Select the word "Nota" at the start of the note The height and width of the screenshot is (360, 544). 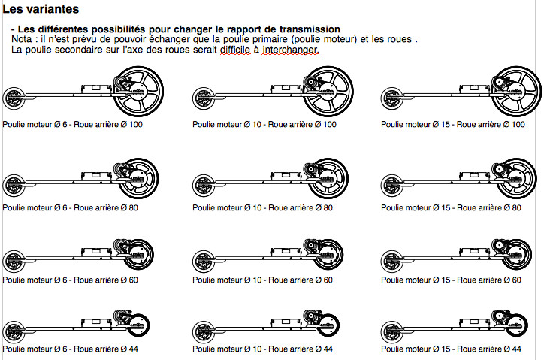tap(23, 39)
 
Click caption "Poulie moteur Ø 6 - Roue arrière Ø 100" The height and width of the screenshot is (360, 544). tap(72, 124)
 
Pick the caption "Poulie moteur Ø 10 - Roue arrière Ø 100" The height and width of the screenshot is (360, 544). tap(264, 124)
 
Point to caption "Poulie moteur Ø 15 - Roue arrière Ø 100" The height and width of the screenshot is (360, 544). tap(452, 124)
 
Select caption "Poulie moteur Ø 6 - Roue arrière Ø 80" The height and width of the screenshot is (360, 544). tap(70, 207)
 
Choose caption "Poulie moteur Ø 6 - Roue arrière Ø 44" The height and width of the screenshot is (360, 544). tap(70, 349)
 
